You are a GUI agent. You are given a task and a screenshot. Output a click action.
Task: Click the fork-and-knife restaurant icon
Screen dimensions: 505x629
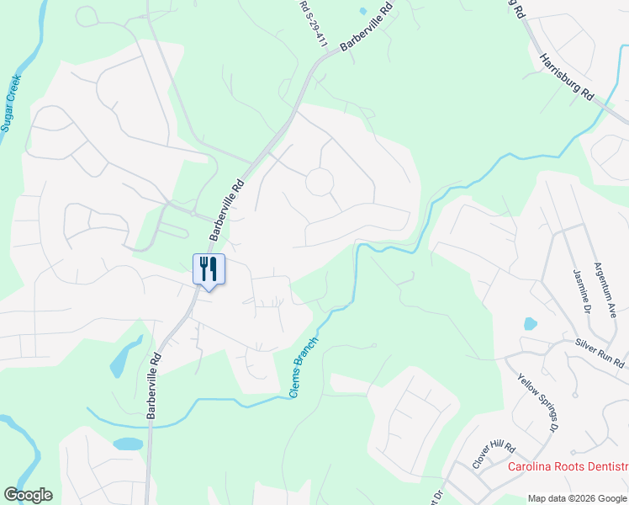tap(209, 269)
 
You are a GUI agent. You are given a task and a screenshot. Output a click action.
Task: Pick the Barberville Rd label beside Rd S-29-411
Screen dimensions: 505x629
tap(367, 28)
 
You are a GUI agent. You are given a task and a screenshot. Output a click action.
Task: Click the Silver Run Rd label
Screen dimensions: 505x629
tap(600, 353)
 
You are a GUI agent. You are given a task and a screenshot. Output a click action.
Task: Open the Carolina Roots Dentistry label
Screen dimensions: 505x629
tap(568, 466)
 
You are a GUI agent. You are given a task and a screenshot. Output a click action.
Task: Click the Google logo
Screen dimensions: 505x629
tap(28, 495)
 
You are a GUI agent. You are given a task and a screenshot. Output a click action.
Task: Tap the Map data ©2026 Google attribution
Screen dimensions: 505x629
tap(578, 498)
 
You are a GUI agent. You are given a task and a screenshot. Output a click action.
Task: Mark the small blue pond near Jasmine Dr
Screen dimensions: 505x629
tap(530, 323)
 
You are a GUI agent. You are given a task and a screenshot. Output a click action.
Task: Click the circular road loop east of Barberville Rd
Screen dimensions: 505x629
tap(320, 181)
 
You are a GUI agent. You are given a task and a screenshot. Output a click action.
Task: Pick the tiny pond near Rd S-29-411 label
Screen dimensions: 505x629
tap(362, 11)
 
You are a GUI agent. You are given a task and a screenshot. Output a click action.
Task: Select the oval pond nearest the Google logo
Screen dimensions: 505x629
tap(128, 444)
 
